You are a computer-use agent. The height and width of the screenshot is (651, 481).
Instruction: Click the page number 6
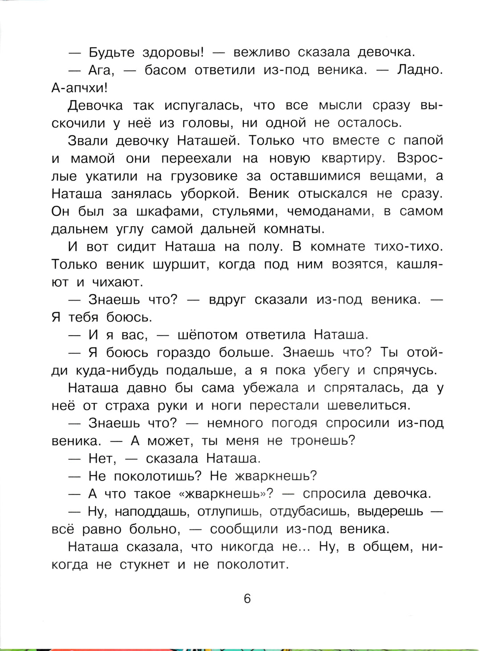[247, 598]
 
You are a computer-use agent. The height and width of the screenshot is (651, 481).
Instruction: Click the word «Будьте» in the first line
[111, 53]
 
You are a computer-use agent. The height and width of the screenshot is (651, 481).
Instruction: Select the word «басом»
[165, 70]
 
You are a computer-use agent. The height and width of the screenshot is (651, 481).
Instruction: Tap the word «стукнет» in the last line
[144, 565]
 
